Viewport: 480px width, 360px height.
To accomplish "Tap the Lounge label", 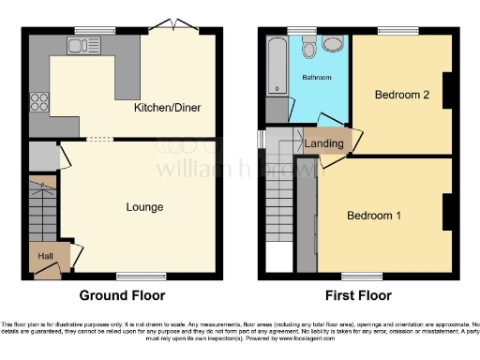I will tap(144, 206).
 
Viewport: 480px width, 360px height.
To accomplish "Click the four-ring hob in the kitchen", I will tap(41, 100).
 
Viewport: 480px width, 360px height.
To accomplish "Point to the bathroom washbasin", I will tap(331, 44).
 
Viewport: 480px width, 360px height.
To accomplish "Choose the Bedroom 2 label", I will tap(401, 95).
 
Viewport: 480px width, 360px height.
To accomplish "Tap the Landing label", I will tap(323, 142).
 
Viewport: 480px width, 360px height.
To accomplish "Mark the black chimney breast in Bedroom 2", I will tap(447, 90).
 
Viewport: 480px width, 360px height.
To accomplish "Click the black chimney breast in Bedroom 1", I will tap(447, 211).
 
